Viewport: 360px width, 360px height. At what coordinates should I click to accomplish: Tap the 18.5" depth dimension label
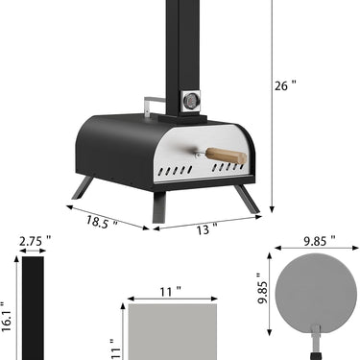[102, 222]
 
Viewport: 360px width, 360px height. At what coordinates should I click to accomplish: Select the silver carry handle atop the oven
[155, 102]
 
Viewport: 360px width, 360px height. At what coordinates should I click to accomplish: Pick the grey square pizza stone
[172, 332]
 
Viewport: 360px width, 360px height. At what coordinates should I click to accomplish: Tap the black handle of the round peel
[316, 345]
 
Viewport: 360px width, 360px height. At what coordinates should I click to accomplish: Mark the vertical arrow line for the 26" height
[271, 106]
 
